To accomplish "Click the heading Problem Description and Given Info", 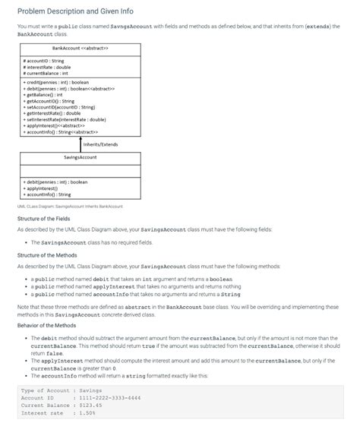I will (x=76, y=11).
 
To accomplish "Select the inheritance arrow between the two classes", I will (x=80, y=143).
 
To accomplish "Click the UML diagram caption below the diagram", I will (x=69, y=206).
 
